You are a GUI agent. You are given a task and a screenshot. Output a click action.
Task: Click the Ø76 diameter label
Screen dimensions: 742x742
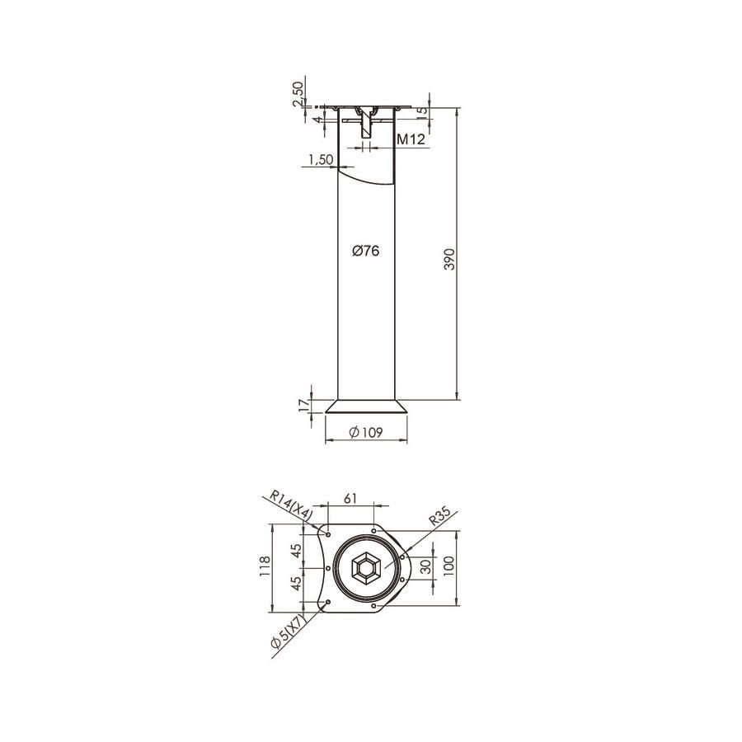366,251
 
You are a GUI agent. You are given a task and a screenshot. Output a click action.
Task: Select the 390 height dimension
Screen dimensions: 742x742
449,260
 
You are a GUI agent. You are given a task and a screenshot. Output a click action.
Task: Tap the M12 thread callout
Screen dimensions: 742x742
411,139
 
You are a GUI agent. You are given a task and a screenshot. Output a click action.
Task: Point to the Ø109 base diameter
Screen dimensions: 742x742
366,432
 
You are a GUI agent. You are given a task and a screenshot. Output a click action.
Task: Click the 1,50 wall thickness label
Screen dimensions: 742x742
321,159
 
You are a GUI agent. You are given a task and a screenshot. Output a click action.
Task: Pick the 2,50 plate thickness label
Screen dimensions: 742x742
298,94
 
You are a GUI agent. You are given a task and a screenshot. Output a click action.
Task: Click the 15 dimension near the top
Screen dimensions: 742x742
422,111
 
